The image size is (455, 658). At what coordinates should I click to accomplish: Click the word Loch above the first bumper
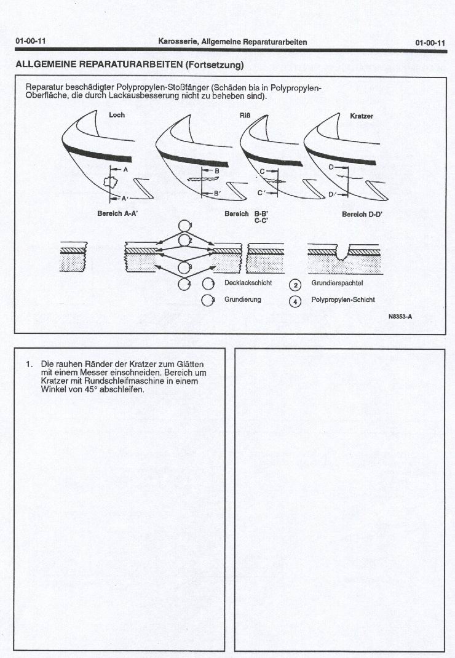pyautogui.click(x=117, y=115)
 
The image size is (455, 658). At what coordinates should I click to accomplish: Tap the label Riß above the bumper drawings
pyautogui.click(x=245, y=116)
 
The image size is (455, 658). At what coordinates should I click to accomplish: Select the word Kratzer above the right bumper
pyautogui.click(x=362, y=116)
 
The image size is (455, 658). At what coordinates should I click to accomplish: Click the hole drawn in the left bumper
pyautogui.click(x=111, y=182)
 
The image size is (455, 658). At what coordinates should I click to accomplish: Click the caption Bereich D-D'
pyautogui.click(x=363, y=214)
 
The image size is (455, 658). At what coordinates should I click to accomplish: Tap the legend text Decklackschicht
pyautogui.click(x=248, y=283)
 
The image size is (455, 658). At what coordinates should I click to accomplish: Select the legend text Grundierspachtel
pyautogui.click(x=337, y=283)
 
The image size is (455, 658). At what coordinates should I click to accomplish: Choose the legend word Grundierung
pyautogui.click(x=243, y=299)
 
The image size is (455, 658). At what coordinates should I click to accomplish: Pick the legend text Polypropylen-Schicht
pyautogui.click(x=343, y=300)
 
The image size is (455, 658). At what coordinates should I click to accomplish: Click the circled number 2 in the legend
pyautogui.click(x=295, y=284)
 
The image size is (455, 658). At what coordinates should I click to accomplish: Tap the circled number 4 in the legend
pyautogui.click(x=295, y=301)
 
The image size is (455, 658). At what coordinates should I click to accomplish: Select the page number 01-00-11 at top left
pyautogui.click(x=31, y=42)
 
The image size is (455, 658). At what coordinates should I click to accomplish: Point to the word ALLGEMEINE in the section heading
pyautogui.click(x=46, y=65)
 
